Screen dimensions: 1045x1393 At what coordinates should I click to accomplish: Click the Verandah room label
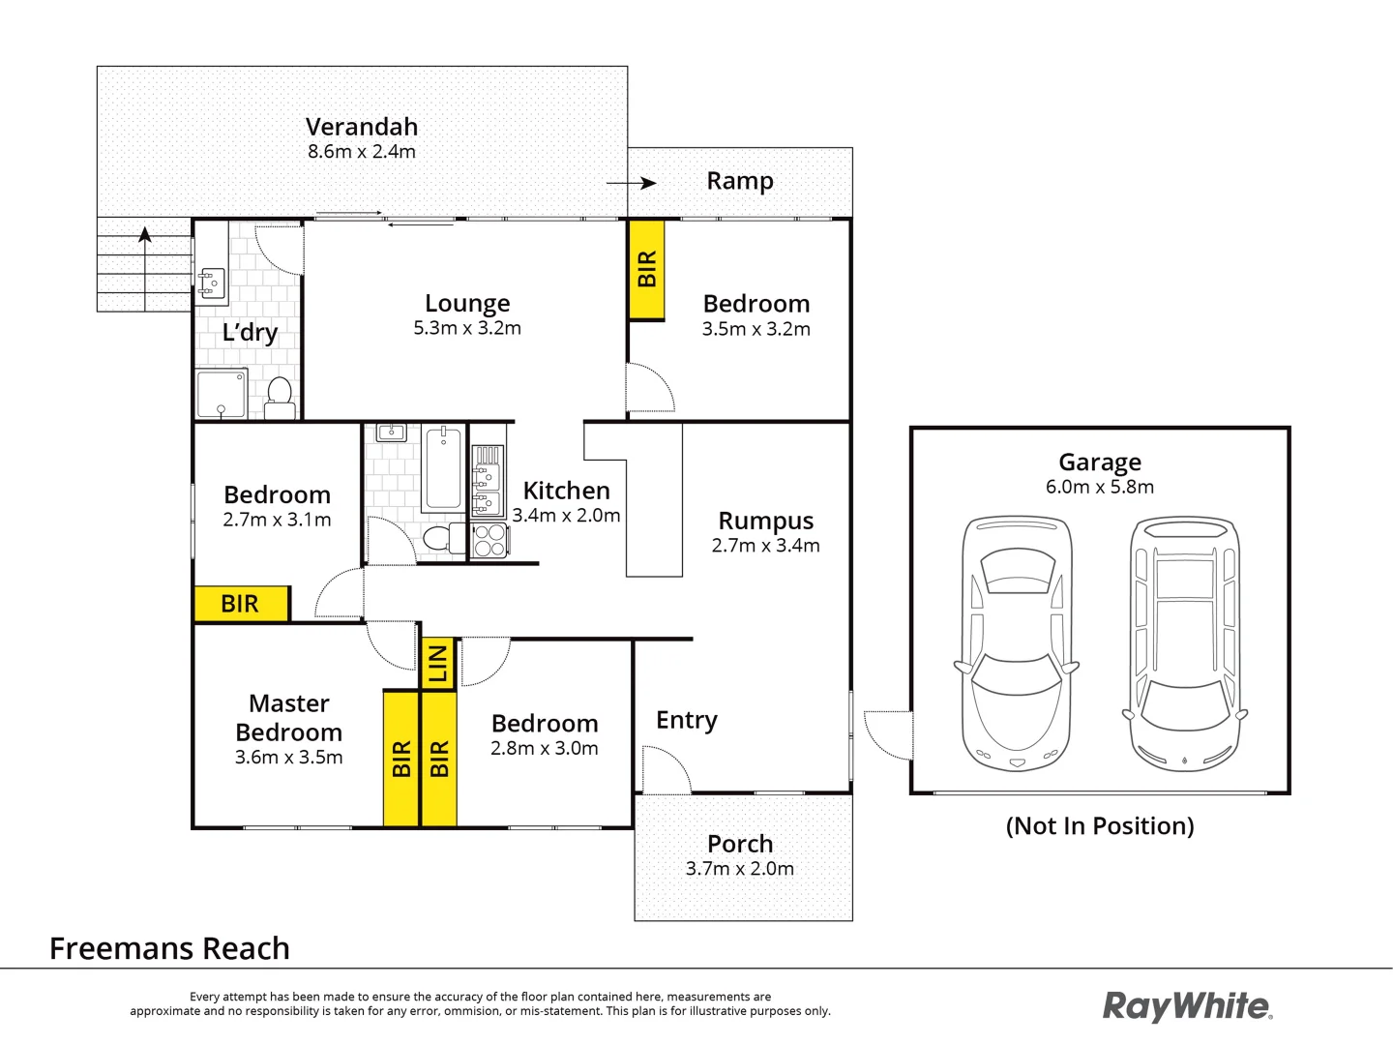point(362,127)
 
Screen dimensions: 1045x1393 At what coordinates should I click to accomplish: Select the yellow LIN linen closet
point(438,664)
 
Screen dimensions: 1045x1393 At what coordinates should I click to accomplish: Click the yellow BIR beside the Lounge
point(646,269)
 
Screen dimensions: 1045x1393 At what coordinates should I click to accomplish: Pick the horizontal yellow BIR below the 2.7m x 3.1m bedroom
point(241,604)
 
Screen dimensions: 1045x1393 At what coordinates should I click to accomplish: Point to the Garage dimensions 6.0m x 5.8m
point(1100,488)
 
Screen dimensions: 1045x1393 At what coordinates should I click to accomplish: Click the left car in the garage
point(1017,642)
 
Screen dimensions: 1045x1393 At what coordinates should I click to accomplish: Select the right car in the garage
point(1185,642)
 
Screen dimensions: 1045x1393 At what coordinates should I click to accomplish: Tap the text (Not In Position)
point(1100,826)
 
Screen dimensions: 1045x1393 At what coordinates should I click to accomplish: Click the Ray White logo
point(1187,1006)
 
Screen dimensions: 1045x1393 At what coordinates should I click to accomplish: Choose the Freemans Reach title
point(169,948)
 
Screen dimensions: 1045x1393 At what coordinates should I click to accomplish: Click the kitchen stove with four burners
point(489,541)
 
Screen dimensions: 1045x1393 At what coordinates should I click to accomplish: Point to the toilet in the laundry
point(280,398)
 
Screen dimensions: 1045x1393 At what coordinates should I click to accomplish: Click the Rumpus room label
point(765,522)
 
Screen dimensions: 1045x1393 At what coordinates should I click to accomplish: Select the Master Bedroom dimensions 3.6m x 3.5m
point(288,758)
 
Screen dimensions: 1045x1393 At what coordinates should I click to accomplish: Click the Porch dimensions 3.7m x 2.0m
point(740,869)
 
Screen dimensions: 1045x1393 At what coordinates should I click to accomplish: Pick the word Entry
point(687,720)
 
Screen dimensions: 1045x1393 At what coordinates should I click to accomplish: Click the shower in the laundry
point(222,393)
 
